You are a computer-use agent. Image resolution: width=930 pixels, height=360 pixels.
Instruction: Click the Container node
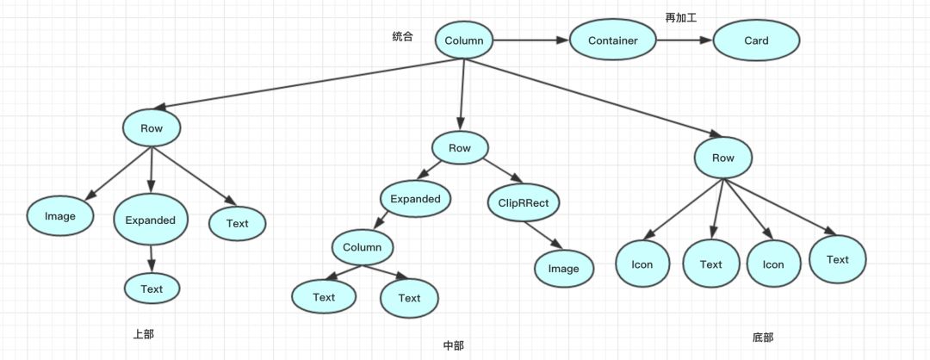click(x=612, y=40)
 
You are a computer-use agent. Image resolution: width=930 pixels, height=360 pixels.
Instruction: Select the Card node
click(x=756, y=40)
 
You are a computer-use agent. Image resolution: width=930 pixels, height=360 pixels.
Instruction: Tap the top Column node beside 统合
click(x=464, y=40)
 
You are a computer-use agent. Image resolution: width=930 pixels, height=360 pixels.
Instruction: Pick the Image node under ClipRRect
click(x=563, y=268)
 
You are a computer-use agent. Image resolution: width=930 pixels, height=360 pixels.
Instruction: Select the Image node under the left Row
click(x=60, y=216)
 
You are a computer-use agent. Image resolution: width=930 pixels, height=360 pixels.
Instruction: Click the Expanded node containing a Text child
click(x=151, y=220)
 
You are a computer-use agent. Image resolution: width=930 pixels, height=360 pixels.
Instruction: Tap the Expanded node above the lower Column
click(x=415, y=199)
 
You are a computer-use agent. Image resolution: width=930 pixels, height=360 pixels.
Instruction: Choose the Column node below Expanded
click(x=362, y=247)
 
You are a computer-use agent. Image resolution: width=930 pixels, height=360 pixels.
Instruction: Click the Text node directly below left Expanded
click(x=152, y=289)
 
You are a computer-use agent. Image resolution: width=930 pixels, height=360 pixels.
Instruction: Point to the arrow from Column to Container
click(x=530, y=40)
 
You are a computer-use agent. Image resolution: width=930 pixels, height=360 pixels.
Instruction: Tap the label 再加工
click(x=681, y=17)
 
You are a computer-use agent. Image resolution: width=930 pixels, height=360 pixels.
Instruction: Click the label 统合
click(x=402, y=37)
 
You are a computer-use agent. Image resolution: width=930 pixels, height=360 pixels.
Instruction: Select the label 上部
click(x=144, y=333)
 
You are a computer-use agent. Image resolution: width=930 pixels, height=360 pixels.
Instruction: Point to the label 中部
click(x=453, y=345)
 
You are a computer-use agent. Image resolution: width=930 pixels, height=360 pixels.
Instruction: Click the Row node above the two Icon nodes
click(x=723, y=158)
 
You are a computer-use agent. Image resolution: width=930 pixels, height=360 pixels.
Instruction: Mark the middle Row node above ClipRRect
click(x=460, y=148)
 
